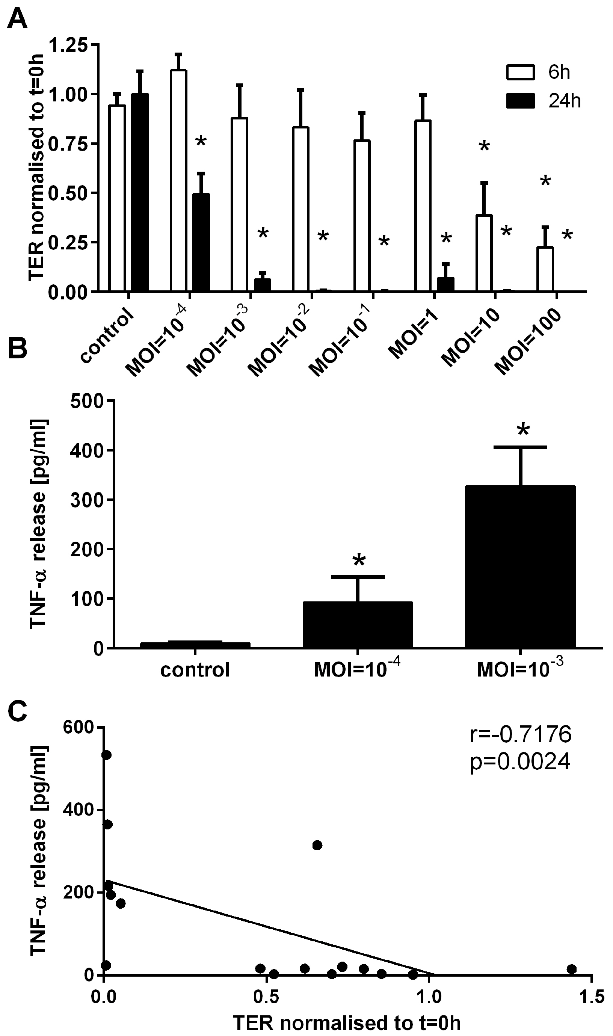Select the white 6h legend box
pyautogui.click(x=521, y=72)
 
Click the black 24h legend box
pyautogui.click(x=521, y=100)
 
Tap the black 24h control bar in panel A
pyautogui.click(x=140, y=192)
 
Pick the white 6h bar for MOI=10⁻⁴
pyautogui.click(x=178, y=181)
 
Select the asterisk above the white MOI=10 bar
pyautogui.click(x=484, y=146)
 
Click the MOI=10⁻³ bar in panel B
pyautogui.click(x=520, y=567)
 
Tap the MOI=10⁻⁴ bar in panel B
pyautogui.click(x=358, y=625)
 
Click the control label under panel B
pyautogui.click(x=195, y=670)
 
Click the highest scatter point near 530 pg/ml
pyautogui.click(x=107, y=755)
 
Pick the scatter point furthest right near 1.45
pyautogui.click(x=571, y=969)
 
